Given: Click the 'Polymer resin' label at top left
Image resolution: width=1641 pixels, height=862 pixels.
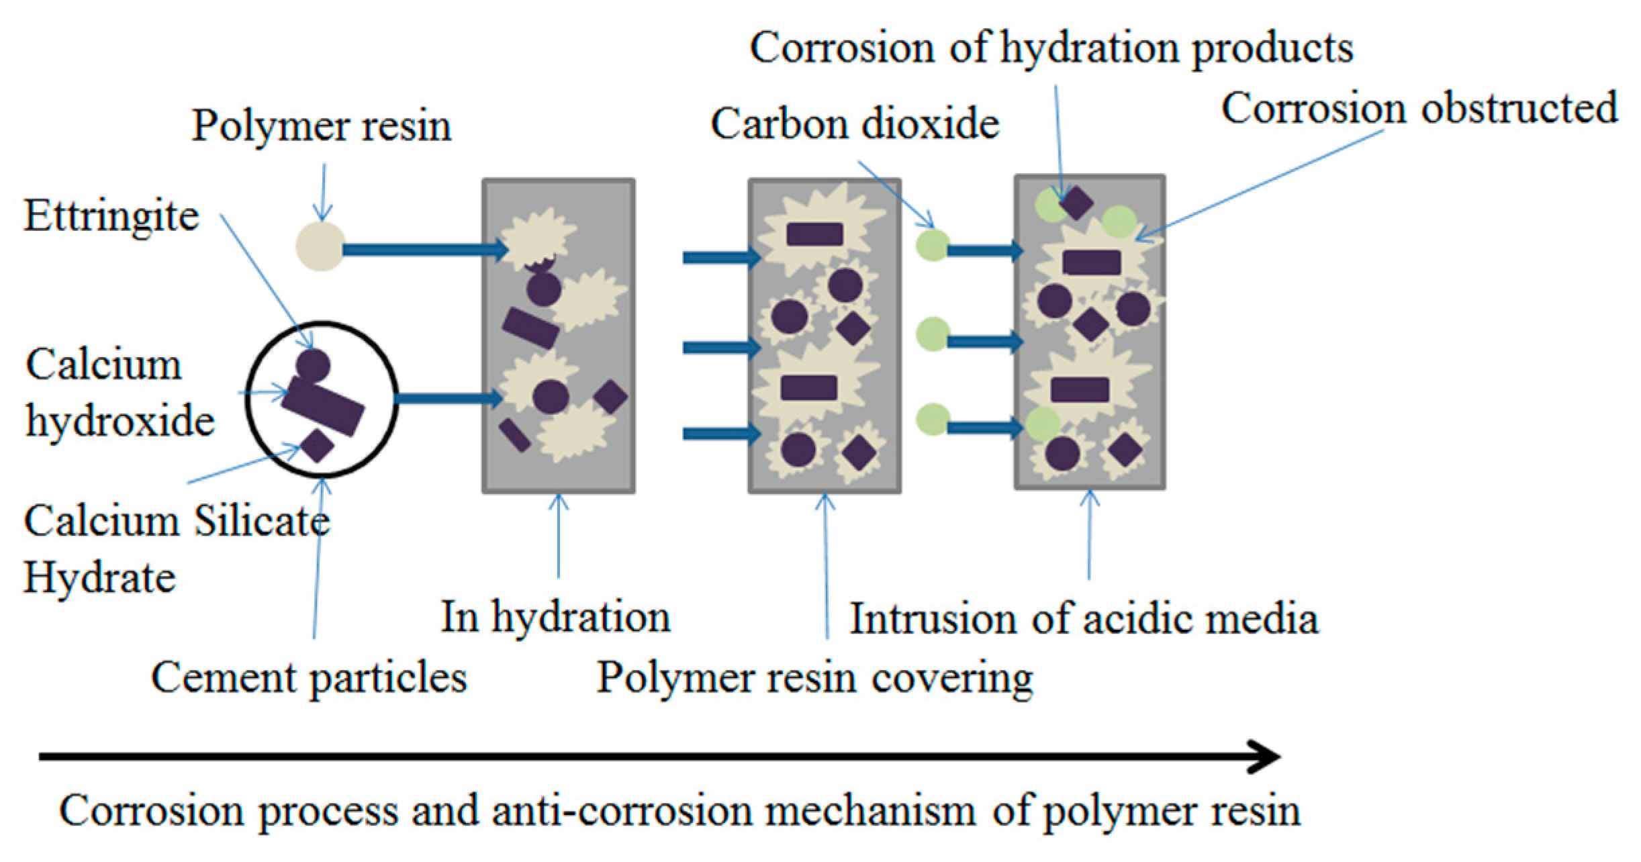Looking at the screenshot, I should click(322, 126).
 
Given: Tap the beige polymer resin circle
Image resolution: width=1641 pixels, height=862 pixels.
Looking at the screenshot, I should click(321, 246).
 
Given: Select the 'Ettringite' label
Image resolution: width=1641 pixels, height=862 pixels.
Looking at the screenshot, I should click(111, 216).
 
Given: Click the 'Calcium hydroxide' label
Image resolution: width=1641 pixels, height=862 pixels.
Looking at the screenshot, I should click(120, 393).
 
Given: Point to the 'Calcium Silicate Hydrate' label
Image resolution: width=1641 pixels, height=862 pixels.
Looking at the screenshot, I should click(176, 548).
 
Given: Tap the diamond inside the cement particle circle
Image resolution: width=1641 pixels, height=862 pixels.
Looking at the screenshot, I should click(317, 445).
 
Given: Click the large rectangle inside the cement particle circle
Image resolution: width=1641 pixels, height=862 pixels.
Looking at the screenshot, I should click(323, 405).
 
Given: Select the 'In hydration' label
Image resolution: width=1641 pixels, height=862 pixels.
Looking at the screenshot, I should click(555, 616).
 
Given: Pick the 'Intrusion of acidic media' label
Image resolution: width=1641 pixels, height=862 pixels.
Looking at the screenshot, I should click(1084, 618).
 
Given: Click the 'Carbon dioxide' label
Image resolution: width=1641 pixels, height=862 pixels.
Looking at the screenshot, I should click(855, 124).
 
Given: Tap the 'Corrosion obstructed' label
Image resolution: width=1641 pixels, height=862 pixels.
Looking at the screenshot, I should click(1419, 108).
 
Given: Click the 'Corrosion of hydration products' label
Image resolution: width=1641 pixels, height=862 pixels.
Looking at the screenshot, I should click(1051, 48).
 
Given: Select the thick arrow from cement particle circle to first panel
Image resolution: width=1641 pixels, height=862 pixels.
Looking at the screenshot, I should click(447, 399).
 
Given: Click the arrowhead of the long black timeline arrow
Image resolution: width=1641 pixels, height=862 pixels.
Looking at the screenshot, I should click(1266, 757).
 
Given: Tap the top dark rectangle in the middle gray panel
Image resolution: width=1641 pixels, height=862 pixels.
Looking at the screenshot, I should click(814, 234).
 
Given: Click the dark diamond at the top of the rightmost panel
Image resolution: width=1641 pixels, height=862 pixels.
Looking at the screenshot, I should click(1076, 202).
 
